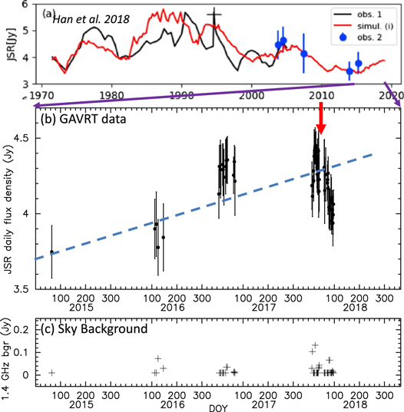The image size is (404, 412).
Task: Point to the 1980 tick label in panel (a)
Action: click(111, 96)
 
